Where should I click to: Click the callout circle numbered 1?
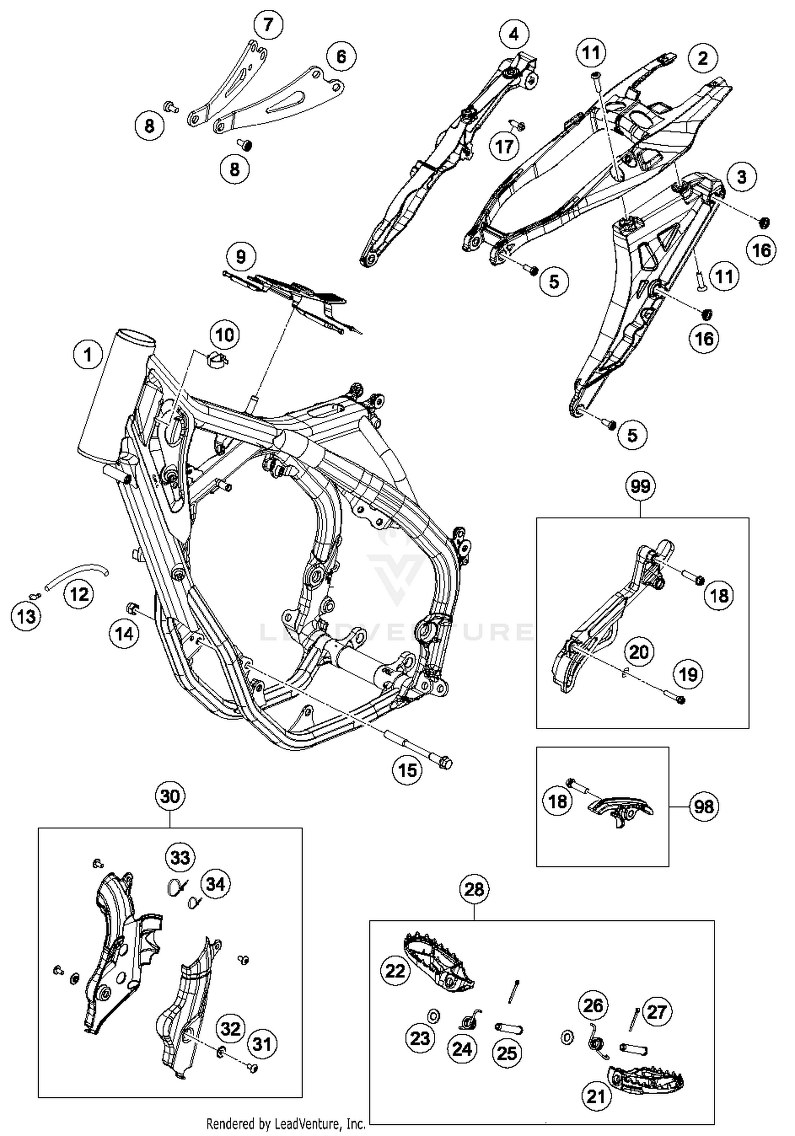pos(87,354)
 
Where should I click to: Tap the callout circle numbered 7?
pos(268,24)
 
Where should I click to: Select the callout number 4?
pos(514,34)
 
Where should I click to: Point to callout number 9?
pos(241,257)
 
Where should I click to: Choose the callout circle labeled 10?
pos(224,335)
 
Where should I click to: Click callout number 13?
pos(26,616)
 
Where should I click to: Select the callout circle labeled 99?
pos(640,486)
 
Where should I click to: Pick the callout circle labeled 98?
pos(704,807)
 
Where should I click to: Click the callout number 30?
pos(170,796)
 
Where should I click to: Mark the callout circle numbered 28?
pos(474,889)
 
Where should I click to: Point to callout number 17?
pos(504,146)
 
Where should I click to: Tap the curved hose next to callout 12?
pos(77,573)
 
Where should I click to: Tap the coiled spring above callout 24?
pos(471,1018)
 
